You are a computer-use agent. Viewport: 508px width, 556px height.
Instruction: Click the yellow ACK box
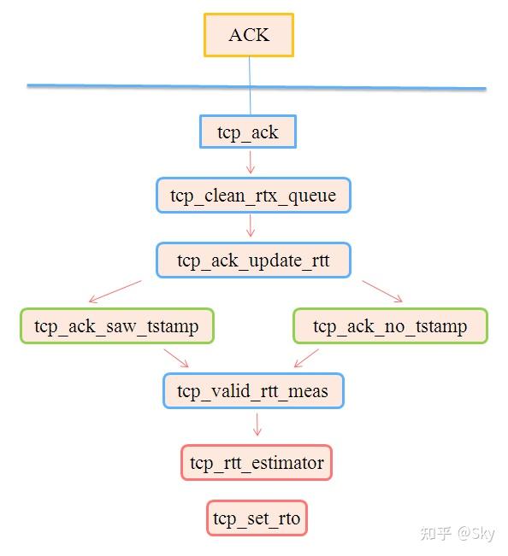pos(249,35)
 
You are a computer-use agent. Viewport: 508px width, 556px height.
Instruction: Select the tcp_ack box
pos(248,133)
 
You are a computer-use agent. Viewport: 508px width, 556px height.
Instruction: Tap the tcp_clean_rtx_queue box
pos(253,196)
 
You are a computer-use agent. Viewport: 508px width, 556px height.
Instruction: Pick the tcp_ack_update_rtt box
pos(253,260)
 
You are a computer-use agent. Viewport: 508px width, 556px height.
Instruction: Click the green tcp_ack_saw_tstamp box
pos(116,326)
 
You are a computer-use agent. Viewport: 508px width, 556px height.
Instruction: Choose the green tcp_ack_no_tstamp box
pos(390,326)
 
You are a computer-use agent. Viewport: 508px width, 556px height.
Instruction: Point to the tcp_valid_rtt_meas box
pos(253,391)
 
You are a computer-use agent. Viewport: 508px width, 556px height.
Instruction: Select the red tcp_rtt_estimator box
pos(257,463)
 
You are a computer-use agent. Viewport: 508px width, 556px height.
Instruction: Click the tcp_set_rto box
pos(257,518)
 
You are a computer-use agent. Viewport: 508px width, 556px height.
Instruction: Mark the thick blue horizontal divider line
pos(257,86)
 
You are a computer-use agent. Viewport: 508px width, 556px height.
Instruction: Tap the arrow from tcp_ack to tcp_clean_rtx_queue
pos(250,162)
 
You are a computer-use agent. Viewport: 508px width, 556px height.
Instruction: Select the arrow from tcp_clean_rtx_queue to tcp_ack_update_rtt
pos(251,225)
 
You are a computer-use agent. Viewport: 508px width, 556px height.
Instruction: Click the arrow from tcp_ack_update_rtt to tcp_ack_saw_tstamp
pos(115,291)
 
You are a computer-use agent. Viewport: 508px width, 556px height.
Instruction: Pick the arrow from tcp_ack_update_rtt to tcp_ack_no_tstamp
pos(382,290)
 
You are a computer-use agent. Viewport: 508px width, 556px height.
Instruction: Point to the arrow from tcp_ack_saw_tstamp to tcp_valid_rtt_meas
pos(176,356)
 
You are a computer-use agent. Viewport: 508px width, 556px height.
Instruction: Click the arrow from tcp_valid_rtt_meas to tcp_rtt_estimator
pos(257,424)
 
